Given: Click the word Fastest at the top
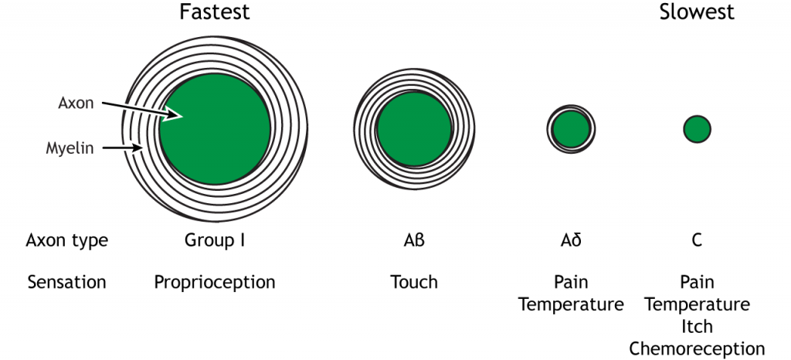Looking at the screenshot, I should click(215, 12).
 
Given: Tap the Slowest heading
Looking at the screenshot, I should click(696, 12).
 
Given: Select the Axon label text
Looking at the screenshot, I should click(75, 104).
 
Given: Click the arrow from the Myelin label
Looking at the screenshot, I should click(122, 148).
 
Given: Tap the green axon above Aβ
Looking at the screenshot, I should click(414, 129).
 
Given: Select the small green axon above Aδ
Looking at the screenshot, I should click(571, 129).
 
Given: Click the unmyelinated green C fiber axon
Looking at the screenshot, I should click(697, 129).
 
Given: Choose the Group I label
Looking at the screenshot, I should click(215, 240).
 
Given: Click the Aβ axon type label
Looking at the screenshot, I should click(414, 240).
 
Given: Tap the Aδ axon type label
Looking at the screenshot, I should click(571, 240).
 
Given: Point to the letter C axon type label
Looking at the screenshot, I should click(697, 240).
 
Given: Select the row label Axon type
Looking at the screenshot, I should click(67, 241).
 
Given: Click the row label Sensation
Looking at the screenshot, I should click(66, 282).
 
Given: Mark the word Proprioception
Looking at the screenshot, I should click(215, 283).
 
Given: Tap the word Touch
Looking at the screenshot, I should click(414, 282).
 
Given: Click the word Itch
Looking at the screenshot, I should click(697, 326).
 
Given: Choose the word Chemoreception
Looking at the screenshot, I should click(697, 348).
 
